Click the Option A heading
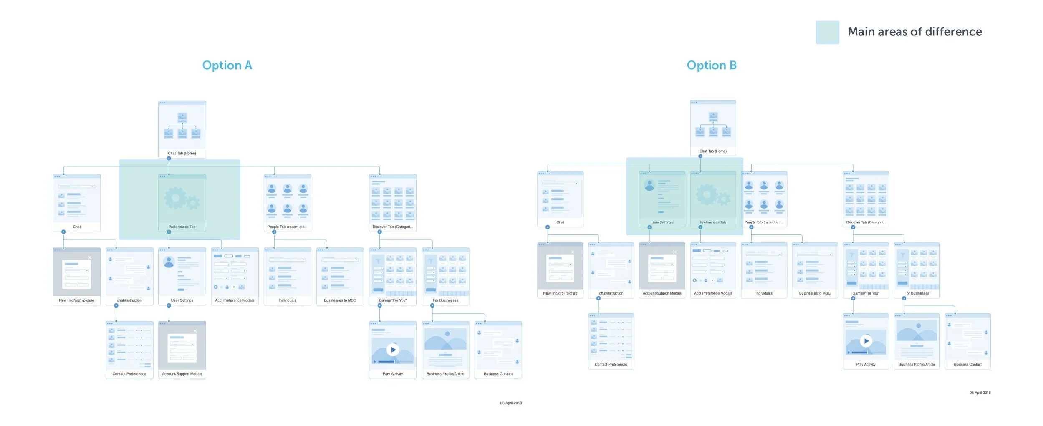click(227, 65)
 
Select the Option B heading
click(711, 65)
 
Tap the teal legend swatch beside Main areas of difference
click(827, 32)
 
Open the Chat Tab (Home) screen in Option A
click(182, 129)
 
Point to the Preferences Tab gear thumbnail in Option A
click(182, 199)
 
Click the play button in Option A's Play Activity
click(393, 350)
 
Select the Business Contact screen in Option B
click(967, 340)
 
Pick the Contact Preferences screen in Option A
click(129, 349)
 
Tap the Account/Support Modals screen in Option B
click(662, 269)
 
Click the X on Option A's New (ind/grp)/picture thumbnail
click(90, 257)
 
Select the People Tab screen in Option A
click(287, 202)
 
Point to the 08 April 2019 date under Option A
click(511, 403)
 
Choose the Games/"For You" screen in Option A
click(393, 276)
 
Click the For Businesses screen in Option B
click(917, 269)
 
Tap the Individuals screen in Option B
click(764, 269)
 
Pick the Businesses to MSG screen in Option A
click(340, 276)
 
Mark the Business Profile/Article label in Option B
click(917, 365)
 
